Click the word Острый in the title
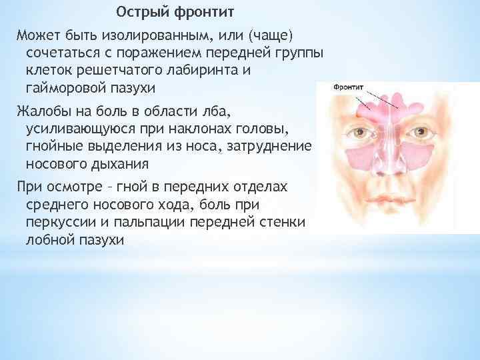click(x=140, y=13)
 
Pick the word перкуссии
click(x=62, y=221)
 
